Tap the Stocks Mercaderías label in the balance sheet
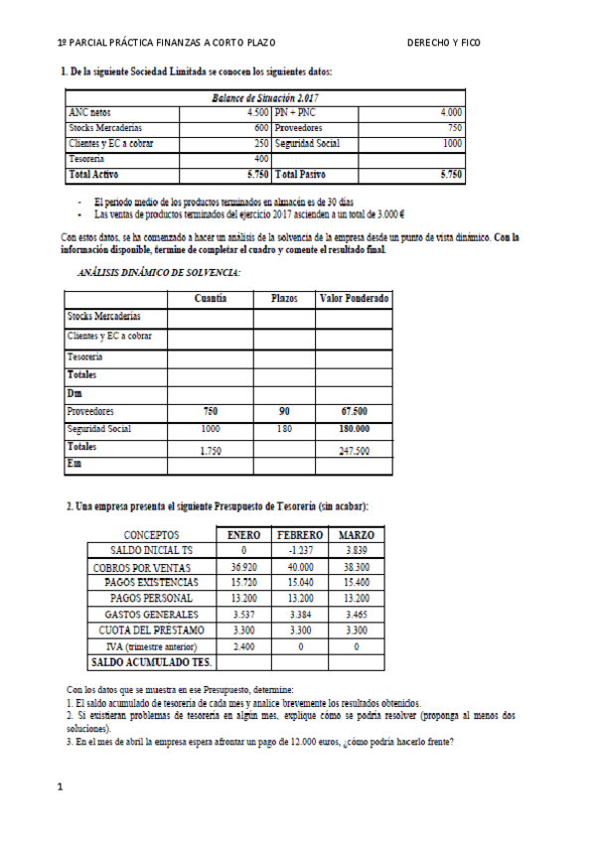tap(104, 128)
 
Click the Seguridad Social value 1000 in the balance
tap(453, 143)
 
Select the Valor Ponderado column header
tap(354, 299)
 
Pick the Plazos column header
tap(284, 299)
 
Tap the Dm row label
tap(74, 393)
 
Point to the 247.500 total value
tap(354, 450)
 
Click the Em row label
tap(74, 465)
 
